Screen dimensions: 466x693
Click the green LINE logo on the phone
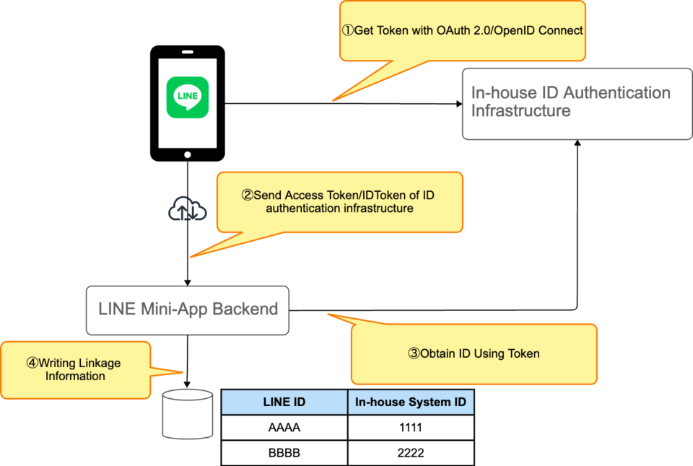point(188,97)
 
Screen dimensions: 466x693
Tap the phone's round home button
point(188,154)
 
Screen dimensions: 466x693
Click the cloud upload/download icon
point(188,210)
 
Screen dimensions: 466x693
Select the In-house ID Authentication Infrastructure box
point(577,103)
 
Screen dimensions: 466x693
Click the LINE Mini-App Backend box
point(188,310)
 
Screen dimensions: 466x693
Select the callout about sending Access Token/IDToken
point(339,202)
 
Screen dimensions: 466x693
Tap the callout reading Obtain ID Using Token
point(474,353)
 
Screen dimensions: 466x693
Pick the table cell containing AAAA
point(284,428)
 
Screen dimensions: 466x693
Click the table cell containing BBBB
point(284,453)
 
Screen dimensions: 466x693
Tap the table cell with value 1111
point(410,428)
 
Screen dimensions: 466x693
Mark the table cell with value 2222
point(410,453)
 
